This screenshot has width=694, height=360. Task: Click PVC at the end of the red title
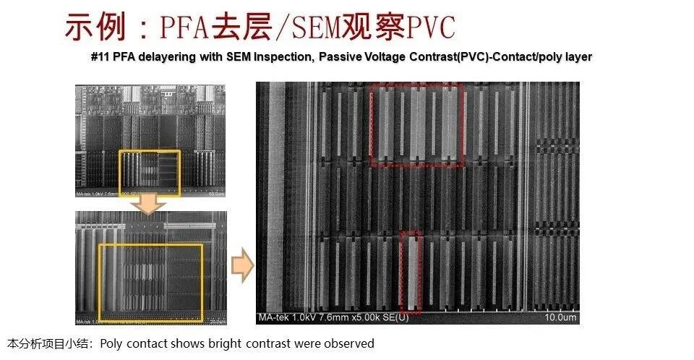point(431,27)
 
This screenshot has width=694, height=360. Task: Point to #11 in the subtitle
point(101,57)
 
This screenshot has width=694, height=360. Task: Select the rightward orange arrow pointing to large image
point(242,267)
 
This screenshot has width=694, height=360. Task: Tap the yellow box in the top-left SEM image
point(150,172)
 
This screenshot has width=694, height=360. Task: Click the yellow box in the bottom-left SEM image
point(150,282)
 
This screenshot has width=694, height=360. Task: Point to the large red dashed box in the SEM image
point(416,125)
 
